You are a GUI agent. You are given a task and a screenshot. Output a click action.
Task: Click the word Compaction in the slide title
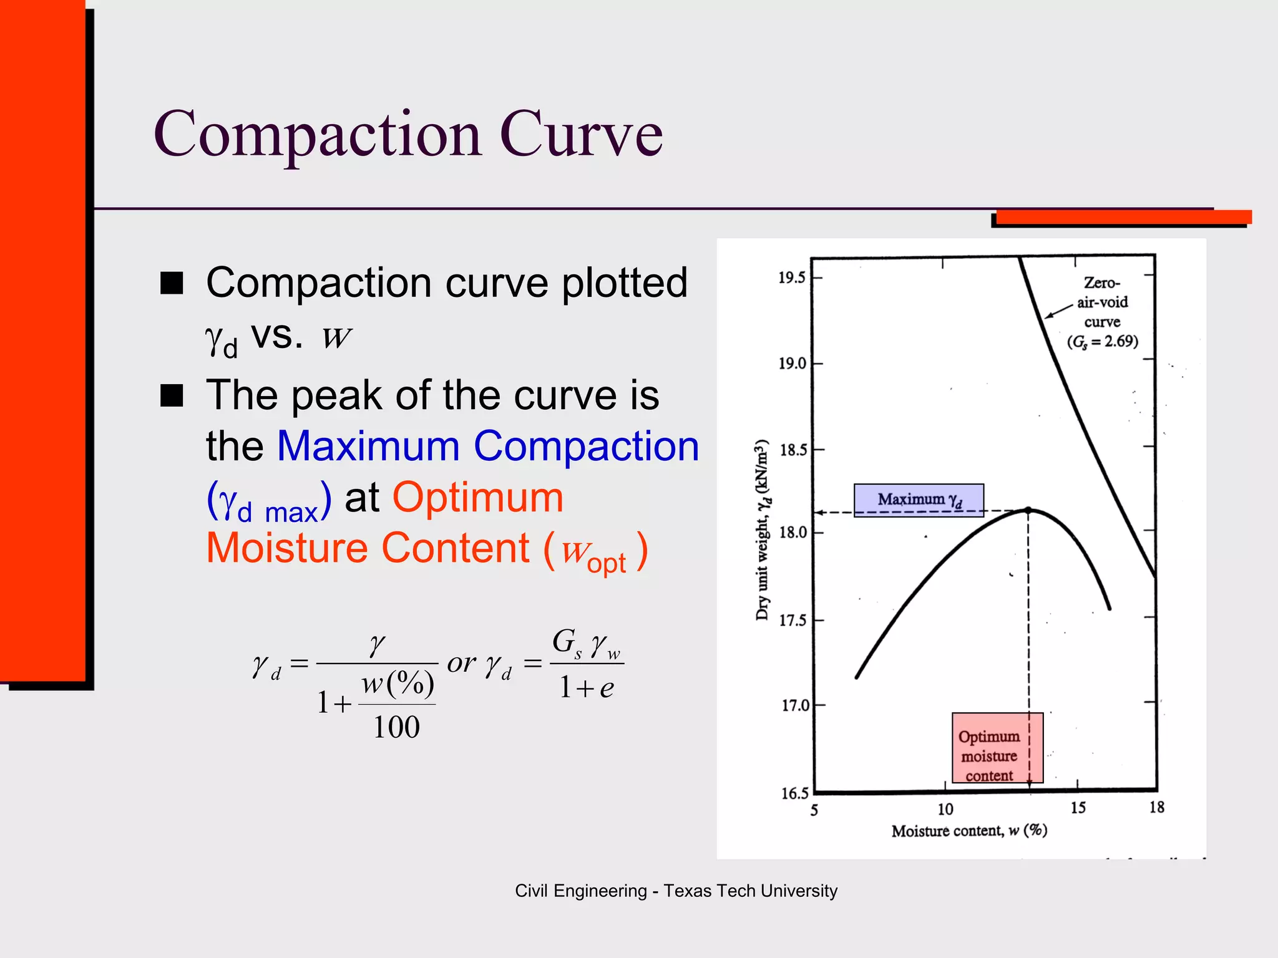click(318, 133)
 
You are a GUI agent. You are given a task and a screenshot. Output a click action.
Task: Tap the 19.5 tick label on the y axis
click(791, 278)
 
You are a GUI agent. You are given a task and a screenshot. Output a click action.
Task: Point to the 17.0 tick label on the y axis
click(795, 705)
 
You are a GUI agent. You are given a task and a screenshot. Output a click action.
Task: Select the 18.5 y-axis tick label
click(793, 450)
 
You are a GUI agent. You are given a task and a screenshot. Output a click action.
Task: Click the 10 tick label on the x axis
click(945, 810)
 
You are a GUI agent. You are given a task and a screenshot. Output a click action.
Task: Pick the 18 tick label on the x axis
click(1156, 808)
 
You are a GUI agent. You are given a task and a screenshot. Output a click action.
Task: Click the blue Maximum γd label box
click(919, 500)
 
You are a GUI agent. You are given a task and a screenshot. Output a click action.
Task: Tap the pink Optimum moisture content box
click(997, 747)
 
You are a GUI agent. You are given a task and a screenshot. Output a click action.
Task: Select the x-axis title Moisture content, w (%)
click(969, 831)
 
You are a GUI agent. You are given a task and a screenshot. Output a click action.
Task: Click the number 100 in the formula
click(396, 727)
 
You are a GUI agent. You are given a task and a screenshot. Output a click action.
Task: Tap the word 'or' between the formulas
click(462, 662)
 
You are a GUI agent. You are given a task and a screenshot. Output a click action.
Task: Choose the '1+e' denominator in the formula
click(587, 688)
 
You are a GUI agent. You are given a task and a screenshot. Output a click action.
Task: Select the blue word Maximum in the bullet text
click(368, 447)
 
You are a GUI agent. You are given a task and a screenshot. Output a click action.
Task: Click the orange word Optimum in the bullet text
click(477, 498)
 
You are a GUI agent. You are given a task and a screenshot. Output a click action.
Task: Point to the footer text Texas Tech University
click(750, 891)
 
